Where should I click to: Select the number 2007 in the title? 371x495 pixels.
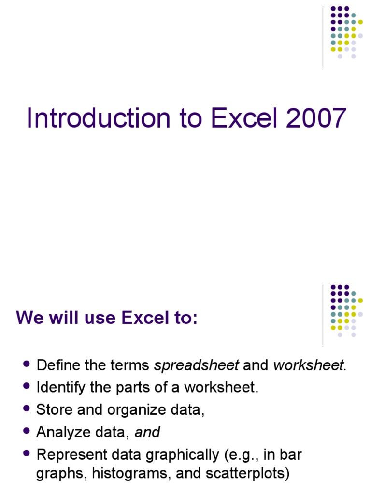tap(316, 118)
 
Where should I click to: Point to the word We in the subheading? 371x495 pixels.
tap(28, 318)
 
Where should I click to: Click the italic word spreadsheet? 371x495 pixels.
tap(196, 365)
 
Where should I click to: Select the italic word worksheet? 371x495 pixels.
tap(310, 365)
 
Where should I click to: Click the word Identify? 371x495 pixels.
tap(61, 388)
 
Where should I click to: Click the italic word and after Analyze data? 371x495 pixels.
tap(147, 432)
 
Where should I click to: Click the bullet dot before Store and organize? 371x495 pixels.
tap(27, 408)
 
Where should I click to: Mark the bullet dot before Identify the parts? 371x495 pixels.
tap(27, 386)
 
